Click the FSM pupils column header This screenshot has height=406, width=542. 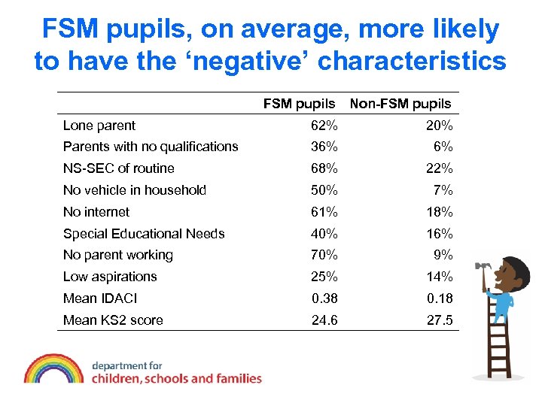(299, 104)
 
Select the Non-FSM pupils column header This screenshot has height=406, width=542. (400, 104)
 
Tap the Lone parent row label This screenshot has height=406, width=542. (99, 126)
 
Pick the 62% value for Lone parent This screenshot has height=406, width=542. (325, 126)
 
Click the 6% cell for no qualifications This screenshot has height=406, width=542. (444, 147)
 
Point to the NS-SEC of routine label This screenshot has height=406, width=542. (119, 168)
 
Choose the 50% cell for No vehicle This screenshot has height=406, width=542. (325, 190)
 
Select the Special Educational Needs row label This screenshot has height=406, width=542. (144, 234)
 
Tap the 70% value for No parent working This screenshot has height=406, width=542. (325, 255)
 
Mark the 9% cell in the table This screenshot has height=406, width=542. (444, 255)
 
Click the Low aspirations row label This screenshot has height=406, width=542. (110, 277)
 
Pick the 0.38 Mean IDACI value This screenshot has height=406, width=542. (325, 298)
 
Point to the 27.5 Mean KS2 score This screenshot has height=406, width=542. (440, 320)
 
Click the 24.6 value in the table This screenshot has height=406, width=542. (325, 320)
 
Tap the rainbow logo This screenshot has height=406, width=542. (53, 369)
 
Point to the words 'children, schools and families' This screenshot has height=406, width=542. (177, 378)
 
